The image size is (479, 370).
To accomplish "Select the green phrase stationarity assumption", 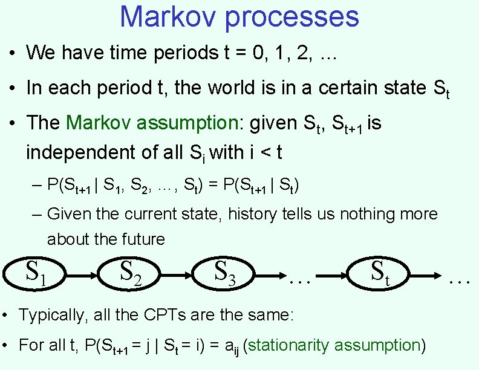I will pyautogui.click(x=334, y=345).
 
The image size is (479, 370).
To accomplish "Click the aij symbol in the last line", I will pyautogui.click(x=231, y=346).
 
